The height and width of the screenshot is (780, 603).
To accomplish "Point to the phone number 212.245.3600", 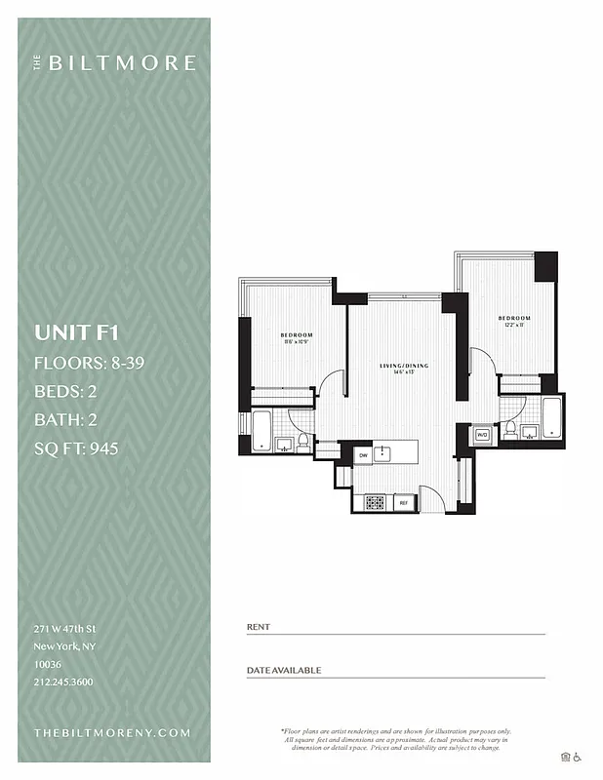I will point(63,682).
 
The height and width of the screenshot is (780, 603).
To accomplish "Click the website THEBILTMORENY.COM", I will point(112,732).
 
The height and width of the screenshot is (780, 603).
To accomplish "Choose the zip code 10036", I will point(47,664).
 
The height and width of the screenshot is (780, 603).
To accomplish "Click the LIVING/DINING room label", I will point(404,366).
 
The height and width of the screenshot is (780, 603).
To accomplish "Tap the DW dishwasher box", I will point(362,454).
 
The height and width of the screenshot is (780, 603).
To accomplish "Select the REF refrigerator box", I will point(403,503).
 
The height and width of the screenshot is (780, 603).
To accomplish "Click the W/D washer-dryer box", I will point(482,434).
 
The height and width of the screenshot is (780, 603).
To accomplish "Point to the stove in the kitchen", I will point(375,503).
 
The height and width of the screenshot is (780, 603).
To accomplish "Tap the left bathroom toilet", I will point(302,443).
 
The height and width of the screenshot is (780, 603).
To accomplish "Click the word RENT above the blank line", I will point(259,627).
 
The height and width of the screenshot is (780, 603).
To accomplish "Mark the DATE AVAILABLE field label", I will point(284,671).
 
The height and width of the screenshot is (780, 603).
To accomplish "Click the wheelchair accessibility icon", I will point(577,757).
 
